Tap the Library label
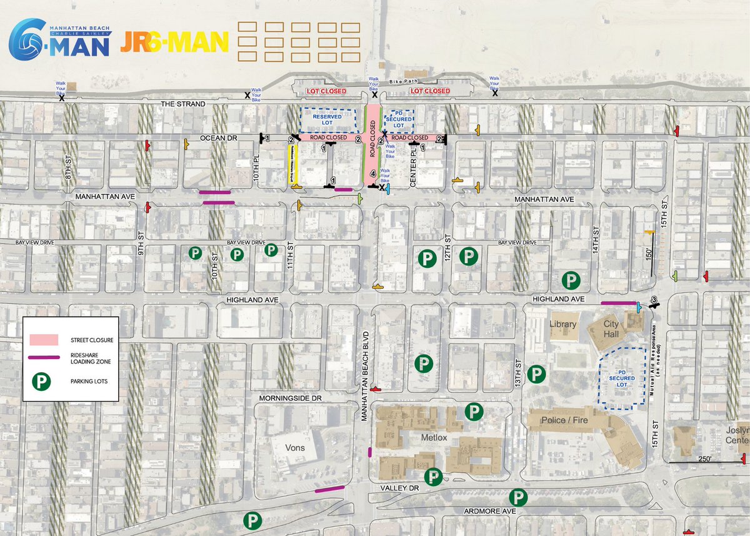[562, 325]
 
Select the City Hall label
[611, 328]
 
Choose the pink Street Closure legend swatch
[44, 340]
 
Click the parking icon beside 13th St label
[536, 375]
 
